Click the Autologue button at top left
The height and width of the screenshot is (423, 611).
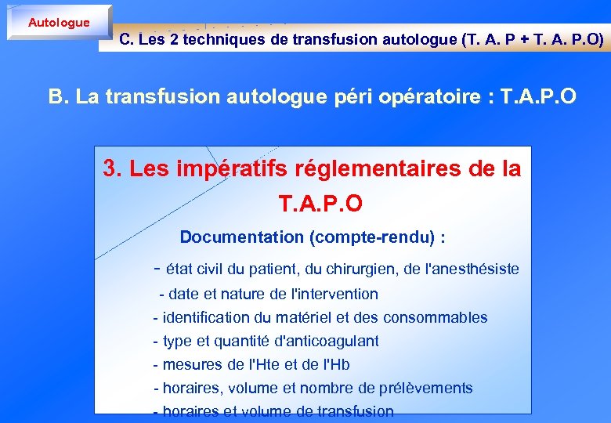[x=59, y=23]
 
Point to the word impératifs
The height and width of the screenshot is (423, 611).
[x=215, y=168]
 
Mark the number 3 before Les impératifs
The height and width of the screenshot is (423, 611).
[x=110, y=168]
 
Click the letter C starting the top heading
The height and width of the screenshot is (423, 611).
[x=125, y=40]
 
